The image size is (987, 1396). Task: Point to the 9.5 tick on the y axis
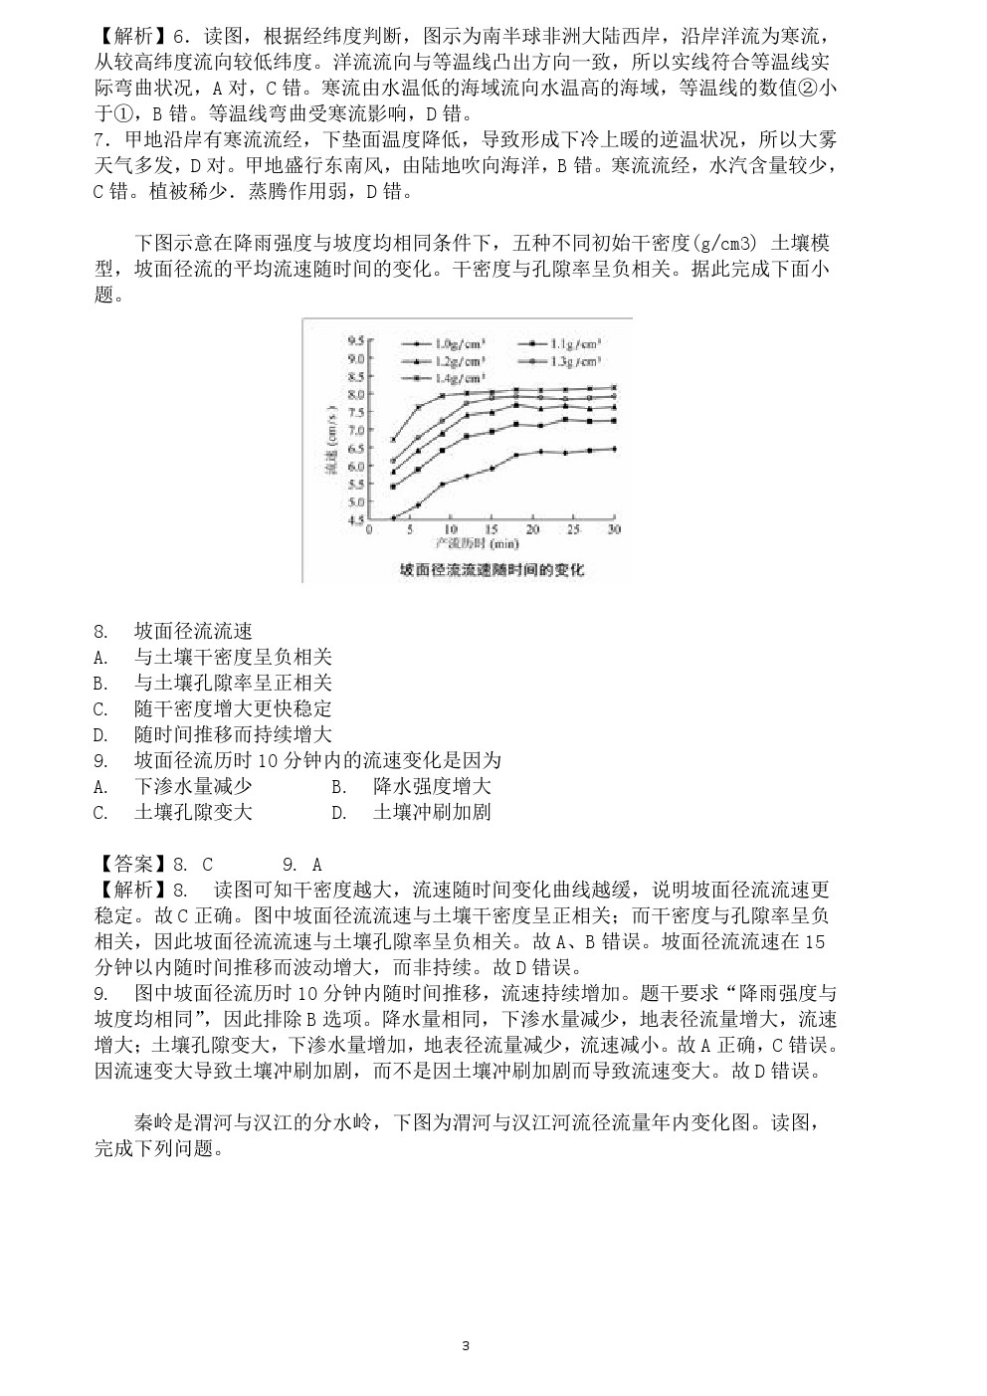[x=355, y=340]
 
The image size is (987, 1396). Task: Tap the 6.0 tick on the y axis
[x=355, y=466]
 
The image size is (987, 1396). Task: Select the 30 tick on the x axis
[x=614, y=529]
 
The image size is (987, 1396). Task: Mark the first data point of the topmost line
[x=393, y=440]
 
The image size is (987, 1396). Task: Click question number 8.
[x=100, y=631]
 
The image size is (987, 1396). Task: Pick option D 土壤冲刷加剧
[x=431, y=812]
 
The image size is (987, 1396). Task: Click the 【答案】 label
[x=131, y=865]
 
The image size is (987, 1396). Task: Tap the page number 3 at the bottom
[x=466, y=1346]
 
